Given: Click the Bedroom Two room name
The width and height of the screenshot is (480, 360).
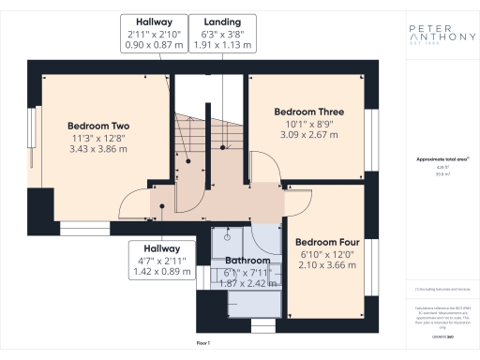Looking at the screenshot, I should pos(98,126).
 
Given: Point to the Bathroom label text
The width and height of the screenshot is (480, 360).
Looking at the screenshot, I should pos(247,261).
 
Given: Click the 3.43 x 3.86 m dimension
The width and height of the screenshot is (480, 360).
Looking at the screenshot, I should pos(98,150).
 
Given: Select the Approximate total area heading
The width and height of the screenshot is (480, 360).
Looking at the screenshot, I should pos(439,159).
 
